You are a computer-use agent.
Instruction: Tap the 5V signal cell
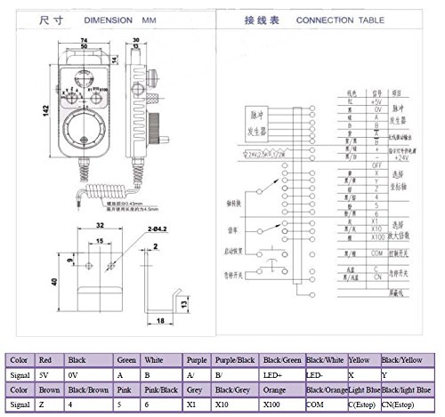click(x=51, y=376)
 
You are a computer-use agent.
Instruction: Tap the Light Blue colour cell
click(x=365, y=392)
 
